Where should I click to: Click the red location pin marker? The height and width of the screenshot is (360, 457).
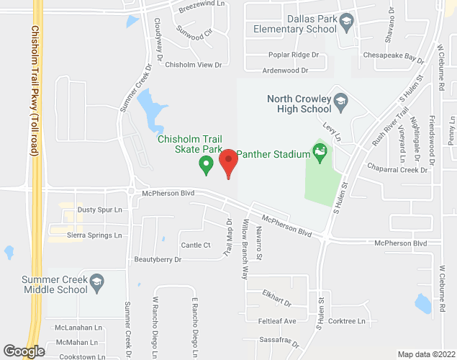(229, 162)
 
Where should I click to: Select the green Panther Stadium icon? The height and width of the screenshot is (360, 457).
(320, 153)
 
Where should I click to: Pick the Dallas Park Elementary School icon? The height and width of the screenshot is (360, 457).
(347, 22)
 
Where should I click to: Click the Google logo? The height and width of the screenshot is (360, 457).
(24, 351)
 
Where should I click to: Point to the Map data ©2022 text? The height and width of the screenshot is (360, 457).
(426, 354)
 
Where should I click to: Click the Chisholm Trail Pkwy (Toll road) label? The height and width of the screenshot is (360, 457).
(34, 91)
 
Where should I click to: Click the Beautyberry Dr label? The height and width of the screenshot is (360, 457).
(158, 258)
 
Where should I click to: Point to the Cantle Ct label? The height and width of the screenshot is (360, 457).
(196, 246)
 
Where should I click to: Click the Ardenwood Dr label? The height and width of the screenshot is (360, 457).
(285, 71)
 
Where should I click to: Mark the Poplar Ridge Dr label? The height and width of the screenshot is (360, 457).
(293, 55)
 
